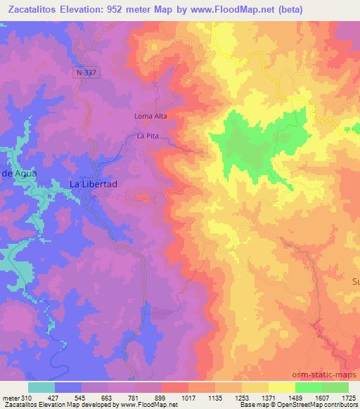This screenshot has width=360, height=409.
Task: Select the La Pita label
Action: pyautogui.click(x=149, y=135)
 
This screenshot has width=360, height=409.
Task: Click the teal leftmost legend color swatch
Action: pyautogui.click(x=41, y=387)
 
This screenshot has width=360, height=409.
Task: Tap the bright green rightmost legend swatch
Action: pyautogui.click(x=335, y=387)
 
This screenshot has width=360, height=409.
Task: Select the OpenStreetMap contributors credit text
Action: pyautogui.click(x=308, y=405)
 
